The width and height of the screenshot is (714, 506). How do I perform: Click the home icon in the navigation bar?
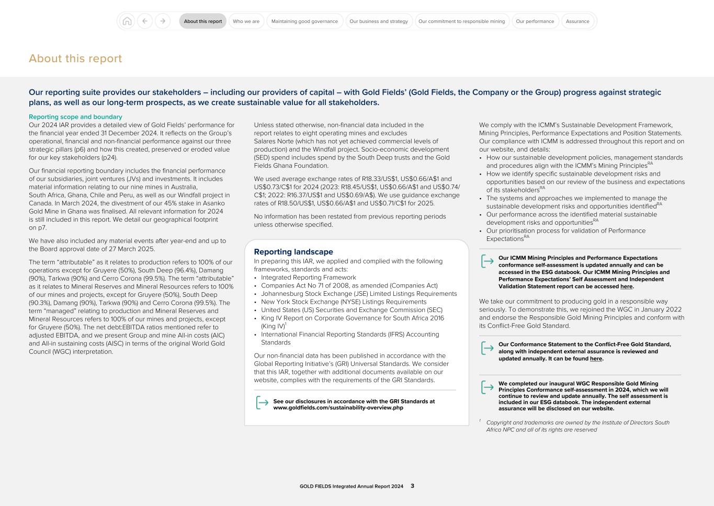click(x=127, y=21)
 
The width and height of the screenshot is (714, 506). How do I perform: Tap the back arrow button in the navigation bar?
click(x=145, y=21)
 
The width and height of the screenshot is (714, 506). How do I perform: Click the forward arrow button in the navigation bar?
click(x=163, y=21)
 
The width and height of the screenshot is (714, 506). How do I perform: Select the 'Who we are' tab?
click(x=246, y=21)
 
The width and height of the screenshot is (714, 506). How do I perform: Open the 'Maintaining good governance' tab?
click(x=304, y=21)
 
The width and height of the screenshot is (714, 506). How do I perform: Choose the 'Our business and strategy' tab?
click(x=379, y=21)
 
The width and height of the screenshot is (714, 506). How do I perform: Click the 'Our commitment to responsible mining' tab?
click(x=461, y=21)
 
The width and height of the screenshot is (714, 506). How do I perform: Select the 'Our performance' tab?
click(x=535, y=21)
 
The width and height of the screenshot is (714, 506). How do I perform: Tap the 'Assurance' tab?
click(x=577, y=21)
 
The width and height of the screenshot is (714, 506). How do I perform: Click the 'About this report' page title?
click(x=75, y=59)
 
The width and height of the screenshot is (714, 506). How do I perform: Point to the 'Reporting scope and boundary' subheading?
click(x=75, y=117)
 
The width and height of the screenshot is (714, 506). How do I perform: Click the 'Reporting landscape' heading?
click(x=293, y=252)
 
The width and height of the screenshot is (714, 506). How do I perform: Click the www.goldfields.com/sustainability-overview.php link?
click(x=338, y=408)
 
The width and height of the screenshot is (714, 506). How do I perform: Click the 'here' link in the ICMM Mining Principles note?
click(x=626, y=286)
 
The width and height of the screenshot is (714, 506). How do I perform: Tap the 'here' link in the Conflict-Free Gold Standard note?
click(x=596, y=359)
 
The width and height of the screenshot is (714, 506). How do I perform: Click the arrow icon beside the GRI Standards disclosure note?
click(x=262, y=403)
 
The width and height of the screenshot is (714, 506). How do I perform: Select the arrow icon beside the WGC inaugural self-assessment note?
click(x=487, y=387)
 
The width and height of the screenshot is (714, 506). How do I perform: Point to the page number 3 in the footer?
click(x=412, y=486)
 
